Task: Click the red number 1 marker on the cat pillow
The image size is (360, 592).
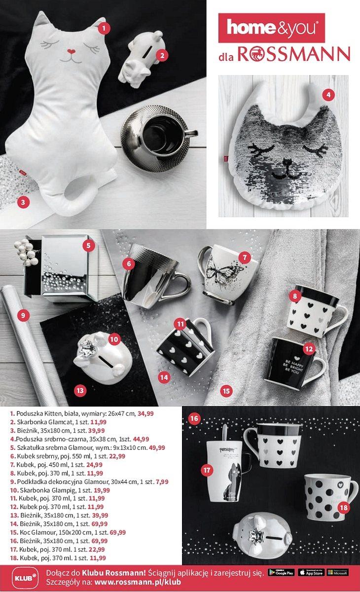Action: [104, 28]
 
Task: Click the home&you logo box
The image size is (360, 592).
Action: [271, 28]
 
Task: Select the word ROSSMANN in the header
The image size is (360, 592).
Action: [294, 54]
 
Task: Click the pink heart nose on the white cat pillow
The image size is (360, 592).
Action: [71, 51]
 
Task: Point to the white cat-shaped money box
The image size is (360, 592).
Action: [140, 59]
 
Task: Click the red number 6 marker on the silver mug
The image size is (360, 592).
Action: [129, 264]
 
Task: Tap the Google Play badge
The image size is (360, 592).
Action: [282, 572]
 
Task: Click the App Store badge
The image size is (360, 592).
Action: [311, 572]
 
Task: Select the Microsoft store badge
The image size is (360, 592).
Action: [338, 572]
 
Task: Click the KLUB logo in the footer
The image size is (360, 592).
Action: [21, 577]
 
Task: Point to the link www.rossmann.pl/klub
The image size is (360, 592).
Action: [138, 582]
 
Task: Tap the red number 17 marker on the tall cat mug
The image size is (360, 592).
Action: [206, 470]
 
